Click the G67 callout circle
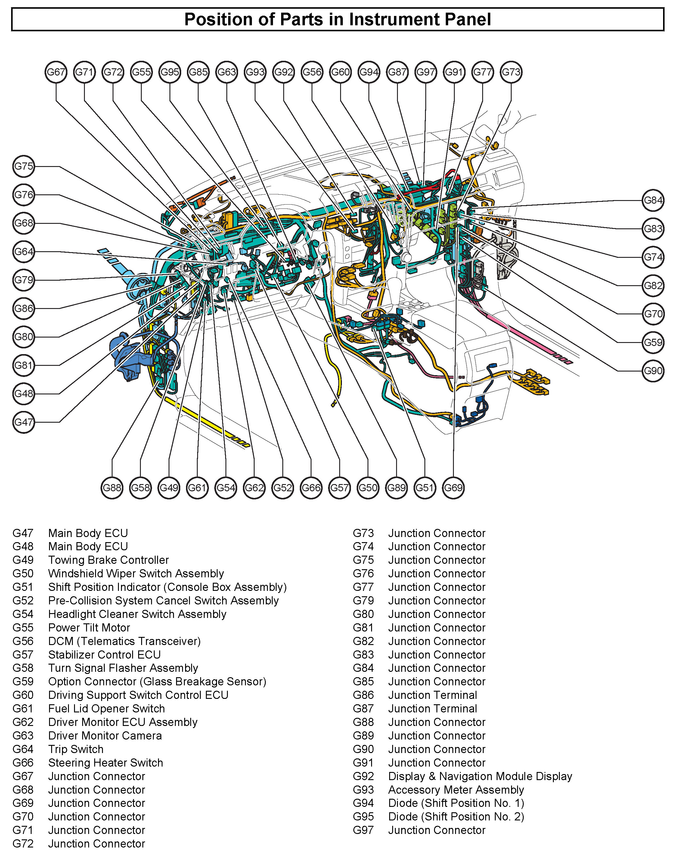(x=56, y=72)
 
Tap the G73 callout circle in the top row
(x=511, y=72)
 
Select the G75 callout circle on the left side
(x=24, y=166)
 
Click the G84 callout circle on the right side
(x=653, y=200)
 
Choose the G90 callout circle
(x=653, y=371)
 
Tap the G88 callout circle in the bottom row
(x=112, y=488)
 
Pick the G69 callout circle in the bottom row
(x=453, y=488)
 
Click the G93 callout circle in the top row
(x=255, y=72)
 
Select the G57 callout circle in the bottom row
(x=339, y=488)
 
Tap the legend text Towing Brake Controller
(x=108, y=560)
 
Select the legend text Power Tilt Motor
(x=89, y=628)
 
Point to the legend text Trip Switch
(x=76, y=749)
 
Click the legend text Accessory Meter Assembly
(x=456, y=789)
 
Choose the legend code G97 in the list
(x=363, y=830)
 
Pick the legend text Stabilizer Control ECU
(x=104, y=654)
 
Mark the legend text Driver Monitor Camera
(x=105, y=735)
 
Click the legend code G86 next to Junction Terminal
(x=363, y=695)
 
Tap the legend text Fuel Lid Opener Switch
(x=106, y=708)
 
